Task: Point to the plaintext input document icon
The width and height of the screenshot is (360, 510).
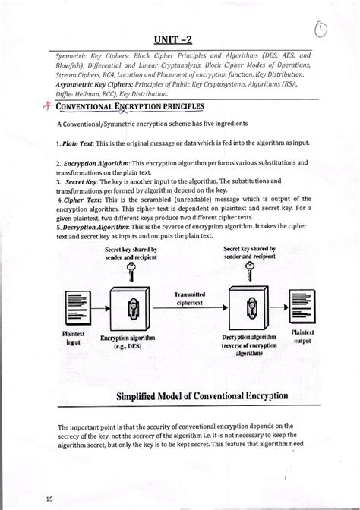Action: tap(77, 307)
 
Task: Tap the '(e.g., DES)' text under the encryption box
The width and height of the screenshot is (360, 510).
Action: tap(133, 347)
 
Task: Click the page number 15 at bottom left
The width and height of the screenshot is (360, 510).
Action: tap(28, 499)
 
